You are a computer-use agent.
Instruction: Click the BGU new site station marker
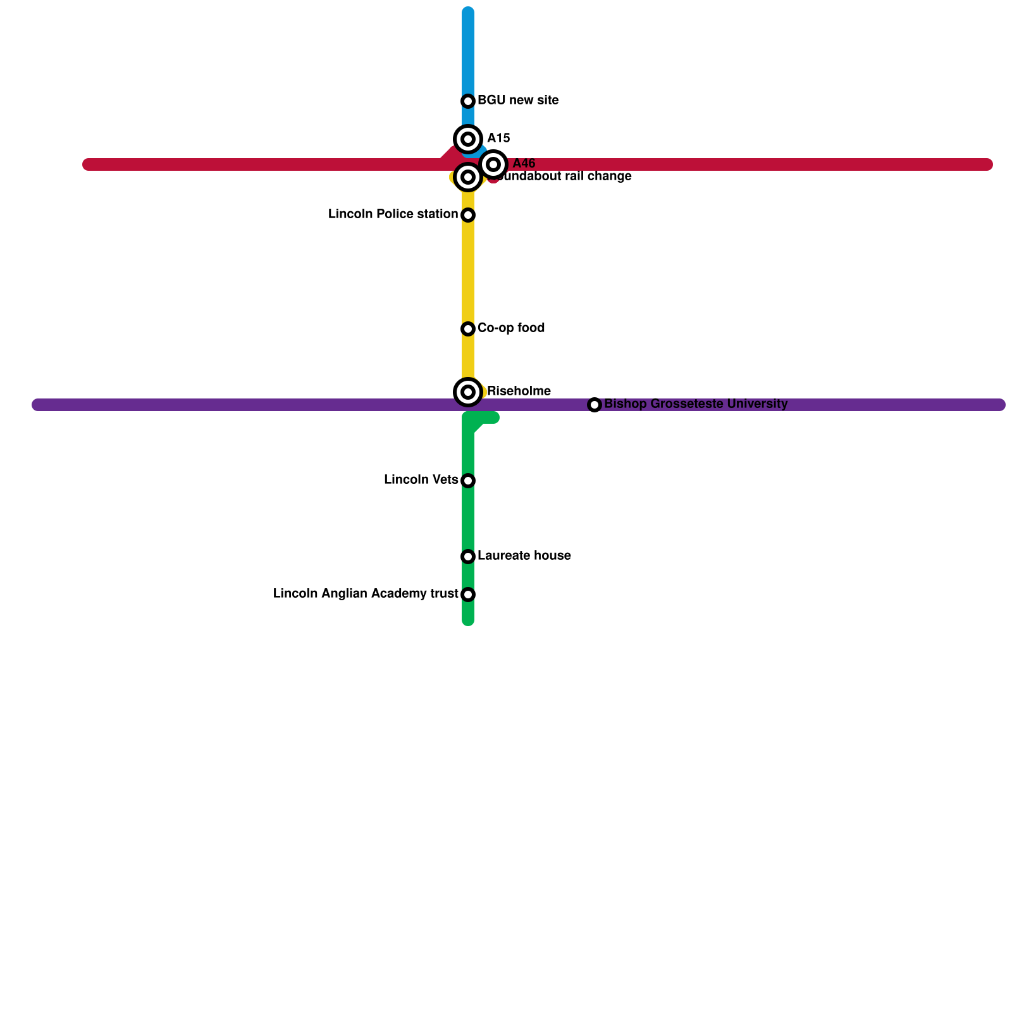(x=468, y=101)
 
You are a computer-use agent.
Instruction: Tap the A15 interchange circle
(x=468, y=139)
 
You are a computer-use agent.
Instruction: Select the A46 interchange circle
(x=493, y=164)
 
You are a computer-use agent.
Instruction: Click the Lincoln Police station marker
(x=468, y=215)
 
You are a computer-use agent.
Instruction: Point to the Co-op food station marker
(x=468, y=329)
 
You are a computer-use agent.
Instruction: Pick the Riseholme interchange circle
(x=468, y=392)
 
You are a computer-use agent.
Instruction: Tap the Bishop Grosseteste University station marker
(x=595, y=405)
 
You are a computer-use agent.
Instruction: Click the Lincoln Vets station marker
(x=468, y=481)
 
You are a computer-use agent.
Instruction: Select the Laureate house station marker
(x=468, y=557)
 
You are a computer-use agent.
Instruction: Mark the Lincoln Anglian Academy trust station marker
(x=468, y=595)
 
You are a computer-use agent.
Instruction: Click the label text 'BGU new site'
(x=518, y=101)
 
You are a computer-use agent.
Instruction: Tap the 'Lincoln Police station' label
(x=393, y=214)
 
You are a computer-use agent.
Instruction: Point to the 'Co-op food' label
(x=511, y=328)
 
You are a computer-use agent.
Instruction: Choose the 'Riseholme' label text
(x=519, y=392)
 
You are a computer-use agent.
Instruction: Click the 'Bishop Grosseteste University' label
(x=696, y=404)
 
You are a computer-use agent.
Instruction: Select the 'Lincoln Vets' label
(x=421, y=480)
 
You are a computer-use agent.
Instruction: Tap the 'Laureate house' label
(x=524, y=556)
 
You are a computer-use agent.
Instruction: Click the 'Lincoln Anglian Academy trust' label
(x=366, y=594)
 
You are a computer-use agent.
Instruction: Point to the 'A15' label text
(x=498, y=139)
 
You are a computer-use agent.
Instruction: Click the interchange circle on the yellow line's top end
(x=468, y=177)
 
